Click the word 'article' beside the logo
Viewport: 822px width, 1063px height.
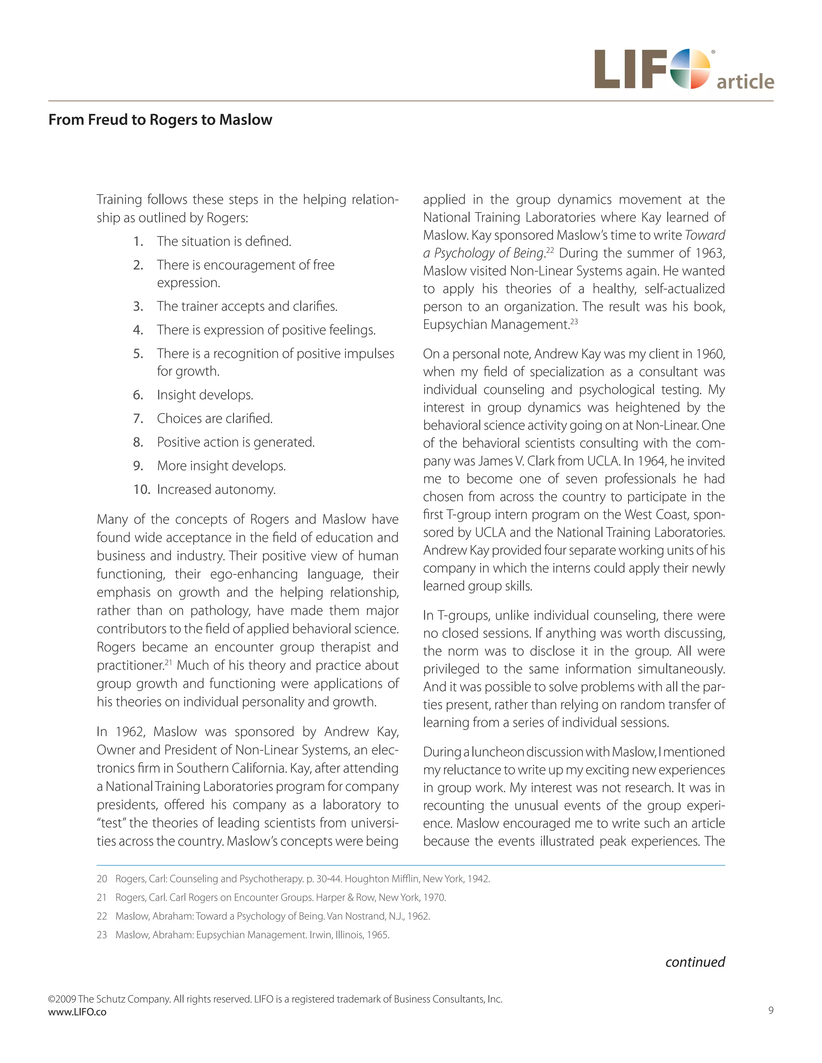745,81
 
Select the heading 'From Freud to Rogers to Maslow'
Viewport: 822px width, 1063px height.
160,120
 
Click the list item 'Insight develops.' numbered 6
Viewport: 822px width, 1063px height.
205,395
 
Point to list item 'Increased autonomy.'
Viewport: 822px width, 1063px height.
216,489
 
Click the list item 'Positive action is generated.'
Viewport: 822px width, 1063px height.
236,442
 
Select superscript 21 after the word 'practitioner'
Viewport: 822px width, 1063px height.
169,662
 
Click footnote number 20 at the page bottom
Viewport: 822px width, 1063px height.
102,879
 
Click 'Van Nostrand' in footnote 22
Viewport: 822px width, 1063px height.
356,916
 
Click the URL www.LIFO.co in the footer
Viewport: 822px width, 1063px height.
77,1012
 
